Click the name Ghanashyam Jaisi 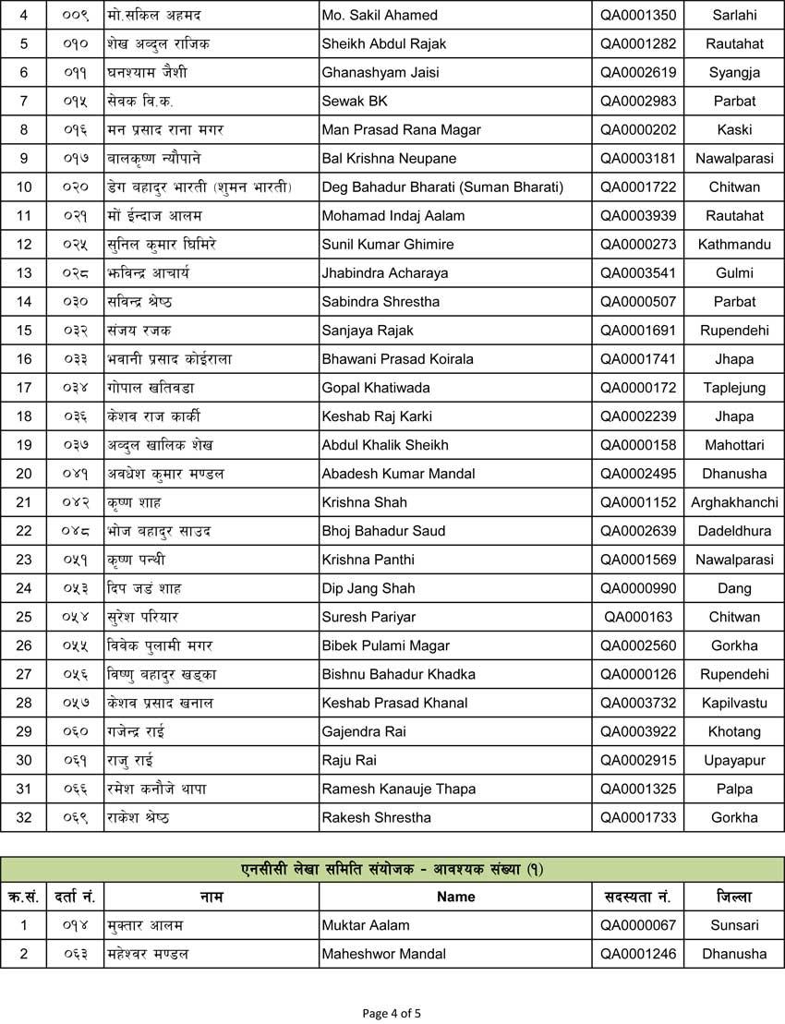(x=380, y=72)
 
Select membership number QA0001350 (x=638, y=15)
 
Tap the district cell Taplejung (x=734, y=388)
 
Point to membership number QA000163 (x=638, y=617)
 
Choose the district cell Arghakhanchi (x=734, y=502)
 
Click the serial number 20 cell (x=24, y=474)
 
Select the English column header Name (x=455, y=897)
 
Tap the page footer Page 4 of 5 (x=392, y=1013)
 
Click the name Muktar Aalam (x=366, y=925)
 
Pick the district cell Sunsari (x=734, y=925)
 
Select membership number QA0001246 (x=638, y=954)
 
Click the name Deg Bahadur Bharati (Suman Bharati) (x=442, y=187)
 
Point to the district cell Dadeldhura (x=734, y=531)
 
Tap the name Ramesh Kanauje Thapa (x=399, y=789)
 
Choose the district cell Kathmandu (x=734, y=245)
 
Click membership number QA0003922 (x=638, y=731)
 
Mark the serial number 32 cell (x=24, y=817)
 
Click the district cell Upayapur (x=734, y=760)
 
